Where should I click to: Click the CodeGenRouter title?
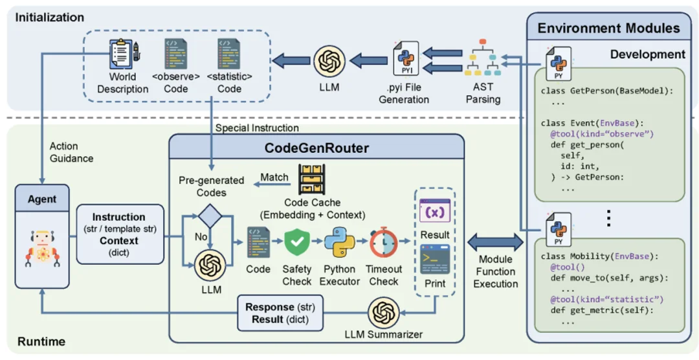coord(316,148)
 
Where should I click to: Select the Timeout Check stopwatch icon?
coord(383,243)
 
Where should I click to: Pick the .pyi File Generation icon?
coord(406,58)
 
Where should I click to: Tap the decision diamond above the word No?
coord(210,216)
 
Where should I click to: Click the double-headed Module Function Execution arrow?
coord(495,242)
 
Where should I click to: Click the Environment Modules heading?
coord(608,29)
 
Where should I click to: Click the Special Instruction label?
coord(257,128)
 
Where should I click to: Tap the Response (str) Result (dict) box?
coord(280,313)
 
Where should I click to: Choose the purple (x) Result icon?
coord(435,210)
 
